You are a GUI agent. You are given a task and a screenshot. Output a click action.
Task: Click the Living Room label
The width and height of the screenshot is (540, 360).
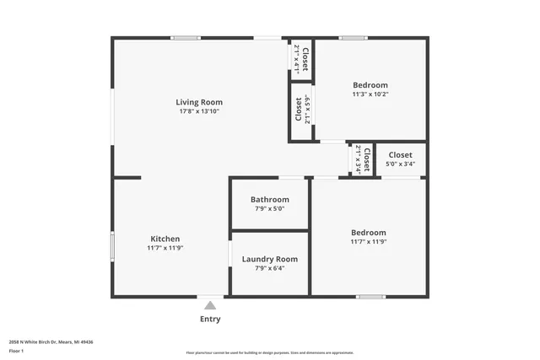[199, 102]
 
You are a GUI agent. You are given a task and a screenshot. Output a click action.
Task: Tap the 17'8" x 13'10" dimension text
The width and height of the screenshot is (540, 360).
[199, 111]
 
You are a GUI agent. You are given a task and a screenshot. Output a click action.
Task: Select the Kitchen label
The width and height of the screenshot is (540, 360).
[165, 239]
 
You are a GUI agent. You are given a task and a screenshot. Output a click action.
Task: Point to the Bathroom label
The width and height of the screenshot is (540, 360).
[269, 200]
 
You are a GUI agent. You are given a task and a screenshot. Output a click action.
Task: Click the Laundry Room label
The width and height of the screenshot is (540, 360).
[269, 259]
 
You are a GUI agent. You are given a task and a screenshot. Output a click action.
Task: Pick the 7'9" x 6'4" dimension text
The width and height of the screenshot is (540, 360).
[269, 268]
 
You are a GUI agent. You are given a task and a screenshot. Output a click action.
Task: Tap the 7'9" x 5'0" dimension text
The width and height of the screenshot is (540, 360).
[269, 208]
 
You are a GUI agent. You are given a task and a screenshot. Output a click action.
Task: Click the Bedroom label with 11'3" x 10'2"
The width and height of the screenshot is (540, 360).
[370, 85]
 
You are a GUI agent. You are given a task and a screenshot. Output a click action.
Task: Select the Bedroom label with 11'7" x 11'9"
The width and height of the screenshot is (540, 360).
[369, 233]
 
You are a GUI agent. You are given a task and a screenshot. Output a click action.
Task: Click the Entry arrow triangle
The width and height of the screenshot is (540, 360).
[209, 305]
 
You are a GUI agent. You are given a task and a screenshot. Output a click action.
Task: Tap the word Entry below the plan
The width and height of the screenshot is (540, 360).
[210, 319]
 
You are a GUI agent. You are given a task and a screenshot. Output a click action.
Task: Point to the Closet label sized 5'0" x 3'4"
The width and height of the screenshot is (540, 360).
[400, 155]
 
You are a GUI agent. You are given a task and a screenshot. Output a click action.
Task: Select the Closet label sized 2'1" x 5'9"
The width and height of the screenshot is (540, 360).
[299, 110]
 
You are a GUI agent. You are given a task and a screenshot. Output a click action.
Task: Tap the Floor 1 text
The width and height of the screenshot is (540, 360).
[17, 350]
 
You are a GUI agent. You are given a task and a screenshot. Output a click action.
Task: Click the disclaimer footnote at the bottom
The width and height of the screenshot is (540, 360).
[269, 352]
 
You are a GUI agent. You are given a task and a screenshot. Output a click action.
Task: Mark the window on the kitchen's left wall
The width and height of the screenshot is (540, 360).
[112, 245]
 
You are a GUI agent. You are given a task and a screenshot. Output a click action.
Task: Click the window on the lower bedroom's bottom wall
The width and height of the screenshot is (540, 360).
[370, 297]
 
